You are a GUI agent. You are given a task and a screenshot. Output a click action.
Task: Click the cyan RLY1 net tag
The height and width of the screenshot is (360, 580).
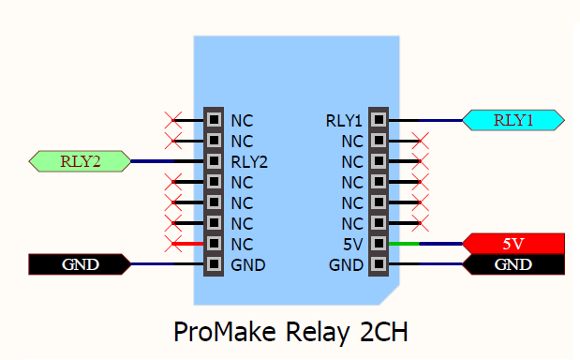click(513, 120)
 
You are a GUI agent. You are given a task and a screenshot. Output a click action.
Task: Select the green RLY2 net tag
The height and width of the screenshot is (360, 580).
click(81, 161)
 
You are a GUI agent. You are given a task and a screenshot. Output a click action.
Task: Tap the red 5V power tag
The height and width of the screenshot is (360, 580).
click(513, 244)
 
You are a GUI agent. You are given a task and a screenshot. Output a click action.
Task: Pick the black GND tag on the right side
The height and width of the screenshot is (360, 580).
click(513, 264)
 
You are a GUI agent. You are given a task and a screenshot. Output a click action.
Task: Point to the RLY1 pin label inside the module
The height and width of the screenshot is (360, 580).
click(344, 120)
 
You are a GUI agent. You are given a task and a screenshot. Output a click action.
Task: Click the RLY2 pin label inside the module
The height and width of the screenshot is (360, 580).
click(249, 161)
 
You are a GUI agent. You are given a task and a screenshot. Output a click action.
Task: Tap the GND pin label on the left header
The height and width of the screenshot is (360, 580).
click(248, 264)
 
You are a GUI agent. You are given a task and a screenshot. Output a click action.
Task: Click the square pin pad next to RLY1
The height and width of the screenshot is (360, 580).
click(378, 120)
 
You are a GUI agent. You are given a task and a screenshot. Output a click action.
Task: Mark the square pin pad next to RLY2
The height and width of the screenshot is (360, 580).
click(215, 161)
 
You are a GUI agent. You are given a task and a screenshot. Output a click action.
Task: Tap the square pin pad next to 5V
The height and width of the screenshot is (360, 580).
click(378, 244)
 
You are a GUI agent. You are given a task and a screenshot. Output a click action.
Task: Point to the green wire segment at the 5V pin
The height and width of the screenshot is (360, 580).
click(404, 244)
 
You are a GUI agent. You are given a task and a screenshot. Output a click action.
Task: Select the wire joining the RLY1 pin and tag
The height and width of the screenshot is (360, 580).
click(426, 120)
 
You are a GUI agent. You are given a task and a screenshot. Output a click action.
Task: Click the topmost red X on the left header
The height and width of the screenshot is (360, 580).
click(172, 120)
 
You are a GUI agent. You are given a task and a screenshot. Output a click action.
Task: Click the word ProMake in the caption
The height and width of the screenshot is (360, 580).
click(219, 333)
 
